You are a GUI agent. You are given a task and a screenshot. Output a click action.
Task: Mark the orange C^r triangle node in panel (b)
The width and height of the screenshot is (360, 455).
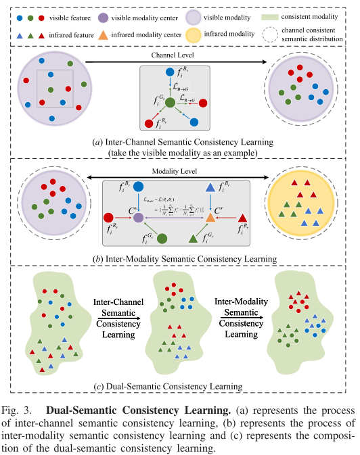(x=210, y=218)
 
